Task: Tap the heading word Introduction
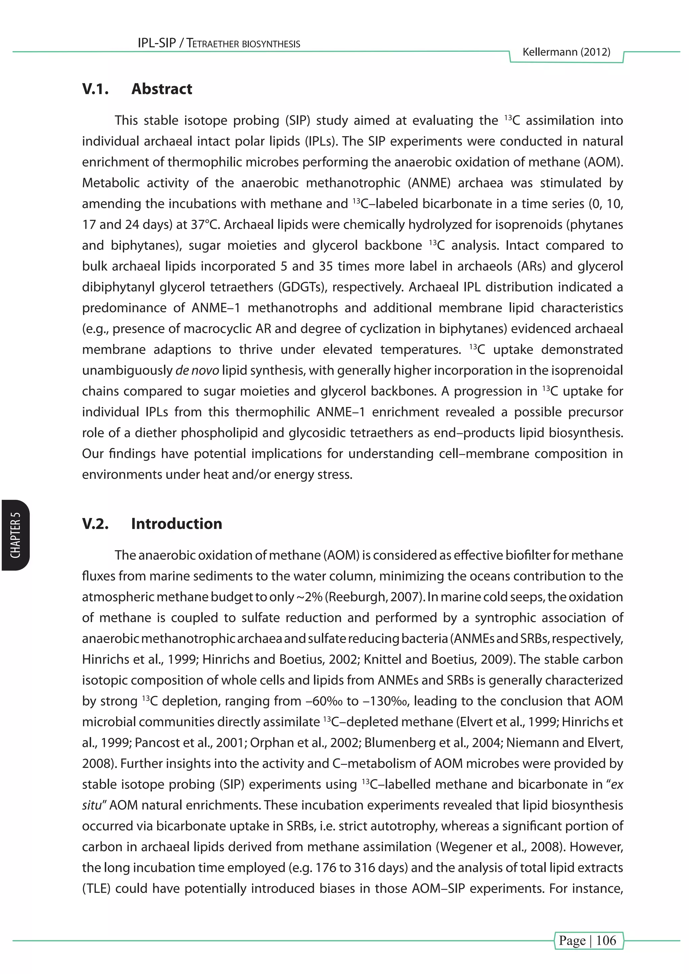click(177, 524)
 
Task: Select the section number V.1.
click(96, 89)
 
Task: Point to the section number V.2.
click(96, 524)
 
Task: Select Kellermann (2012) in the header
click(567, 52)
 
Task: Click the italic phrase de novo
click(197, 370)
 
